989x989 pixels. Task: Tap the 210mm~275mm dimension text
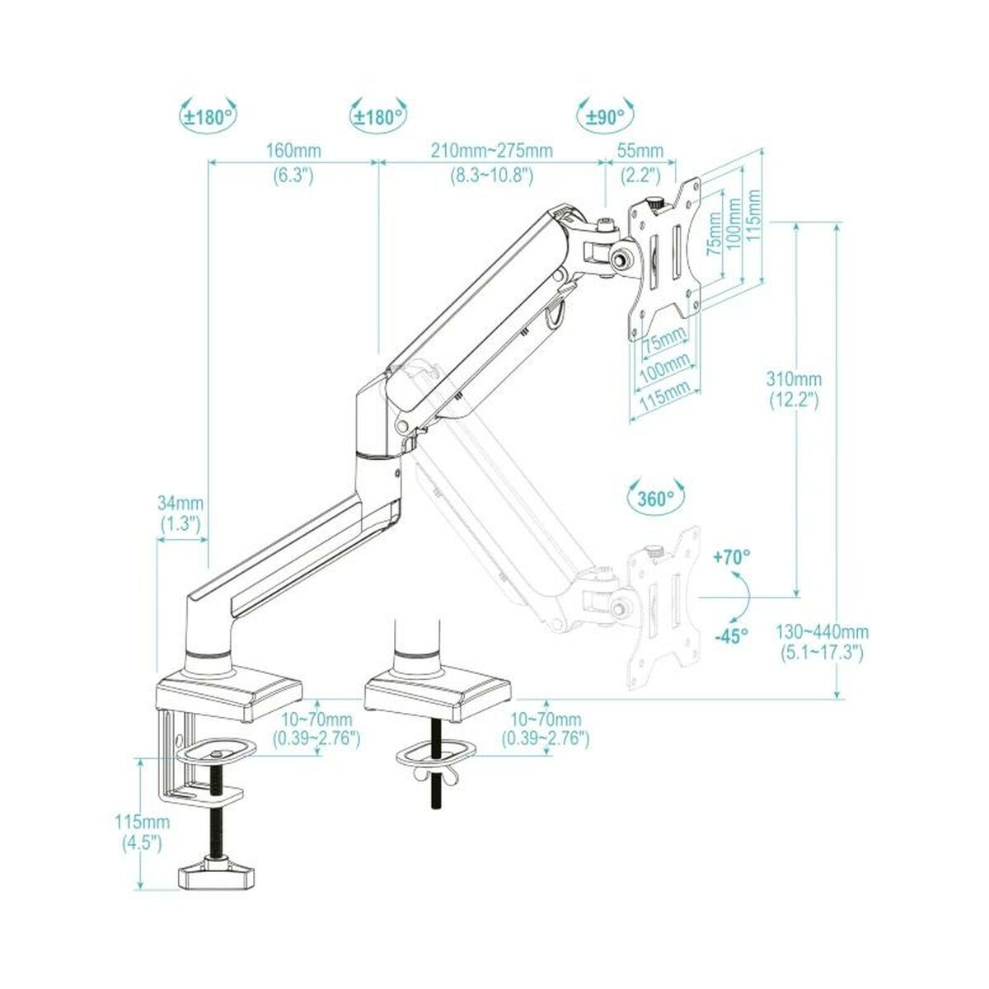(492, 151)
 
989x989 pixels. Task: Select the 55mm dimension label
(640, 151)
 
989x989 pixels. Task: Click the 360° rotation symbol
(655, 498)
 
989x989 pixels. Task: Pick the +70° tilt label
(732, 557)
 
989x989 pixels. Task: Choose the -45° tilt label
(730, 635)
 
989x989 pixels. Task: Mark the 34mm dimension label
(180, 503)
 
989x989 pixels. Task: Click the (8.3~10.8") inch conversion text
(492, 175)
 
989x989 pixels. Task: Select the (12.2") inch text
(794, 401)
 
